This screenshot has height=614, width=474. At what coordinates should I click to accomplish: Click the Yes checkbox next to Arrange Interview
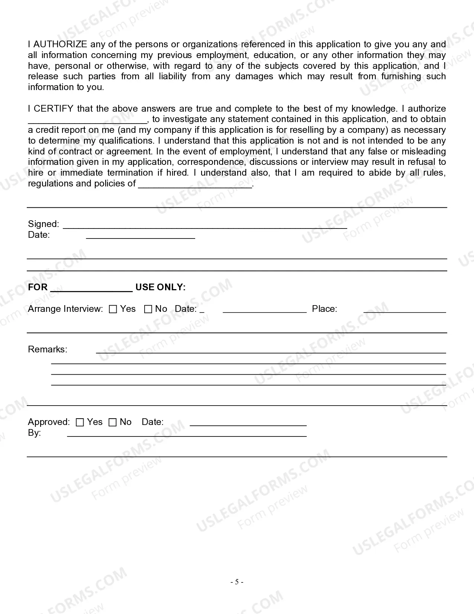pyautogui.click(x=113, y=309)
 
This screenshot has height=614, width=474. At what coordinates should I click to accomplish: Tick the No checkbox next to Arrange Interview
pyautogui.click(x=148, y=309)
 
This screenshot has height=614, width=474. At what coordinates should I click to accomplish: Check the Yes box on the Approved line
pyautogui.click(x=80, y=422)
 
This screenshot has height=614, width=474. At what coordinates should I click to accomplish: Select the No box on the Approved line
pyautogui.click(x=113, y=422)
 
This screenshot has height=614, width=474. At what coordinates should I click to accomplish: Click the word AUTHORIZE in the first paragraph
pyautogui.click(x=60, y=44)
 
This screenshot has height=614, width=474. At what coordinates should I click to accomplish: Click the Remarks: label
pyautogui.click(x=48, y=349)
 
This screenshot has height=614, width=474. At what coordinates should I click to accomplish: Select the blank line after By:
pyautogui.click(x=187, y=435)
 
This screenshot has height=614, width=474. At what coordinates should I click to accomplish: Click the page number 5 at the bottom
pyautogui.click(x=237, y=582)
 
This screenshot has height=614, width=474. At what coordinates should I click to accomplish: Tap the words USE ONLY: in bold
pyautogui.click(x=160, y=287)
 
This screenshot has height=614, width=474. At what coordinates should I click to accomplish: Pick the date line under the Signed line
pyautogui.click(x=141, y=237)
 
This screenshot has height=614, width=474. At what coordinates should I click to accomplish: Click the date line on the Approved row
pyautogui.click(x=248, y=424)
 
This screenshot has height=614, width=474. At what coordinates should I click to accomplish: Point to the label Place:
pyautogui.click(x=324, y=309)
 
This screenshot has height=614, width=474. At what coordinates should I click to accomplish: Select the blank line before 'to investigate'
pyautogui.click(x=88, y=121)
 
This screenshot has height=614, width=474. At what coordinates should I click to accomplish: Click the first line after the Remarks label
pyautogui.click(x=271, y=351)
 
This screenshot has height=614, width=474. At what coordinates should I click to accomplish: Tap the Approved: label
pyautogui.click(x=49, y=422)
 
